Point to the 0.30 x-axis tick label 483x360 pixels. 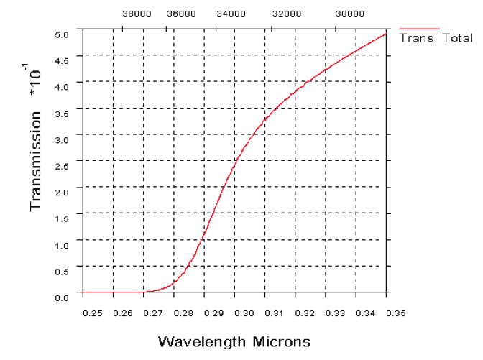tap(244, 313)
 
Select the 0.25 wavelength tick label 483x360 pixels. tap(92, 313)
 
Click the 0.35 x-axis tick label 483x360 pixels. tap(396, 313)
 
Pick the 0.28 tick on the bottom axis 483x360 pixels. tap(184, 313)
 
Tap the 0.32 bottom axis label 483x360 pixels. tap(305, 313)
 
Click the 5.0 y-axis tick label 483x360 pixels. tap(62, 34)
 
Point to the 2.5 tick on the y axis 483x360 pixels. tap(62, 165)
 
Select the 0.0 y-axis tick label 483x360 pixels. tap(62, 297)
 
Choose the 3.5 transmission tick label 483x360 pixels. tap(62, 113)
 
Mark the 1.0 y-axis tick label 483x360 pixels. tap(62, 244)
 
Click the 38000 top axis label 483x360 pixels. tap(137, 13)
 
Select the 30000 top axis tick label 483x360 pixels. tap(350, 13)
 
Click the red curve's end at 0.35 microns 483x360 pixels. tap(386, 34)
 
